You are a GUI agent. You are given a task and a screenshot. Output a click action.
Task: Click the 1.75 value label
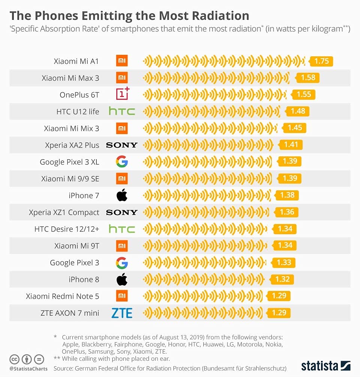tap(322, 61)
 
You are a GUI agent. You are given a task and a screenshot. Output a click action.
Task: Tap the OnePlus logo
tap(122, 94)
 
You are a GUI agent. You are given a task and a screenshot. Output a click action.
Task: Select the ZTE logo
tap(122, 313)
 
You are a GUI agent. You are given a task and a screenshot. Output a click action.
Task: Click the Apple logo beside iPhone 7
tap(122, 195)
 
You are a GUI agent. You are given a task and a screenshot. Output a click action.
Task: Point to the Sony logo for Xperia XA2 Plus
tap(122, 145)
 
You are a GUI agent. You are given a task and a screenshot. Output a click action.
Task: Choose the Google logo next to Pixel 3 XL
tap(122, 162)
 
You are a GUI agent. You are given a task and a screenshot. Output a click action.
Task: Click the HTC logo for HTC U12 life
tap(122, 111)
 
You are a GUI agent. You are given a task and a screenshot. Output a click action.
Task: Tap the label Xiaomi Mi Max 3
tap(70, 78)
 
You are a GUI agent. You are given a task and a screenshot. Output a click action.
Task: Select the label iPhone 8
tap(84, 279)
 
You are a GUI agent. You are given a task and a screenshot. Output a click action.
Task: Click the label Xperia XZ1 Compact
tap(64, 212)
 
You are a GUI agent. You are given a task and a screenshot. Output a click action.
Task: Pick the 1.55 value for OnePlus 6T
tap(304, 94)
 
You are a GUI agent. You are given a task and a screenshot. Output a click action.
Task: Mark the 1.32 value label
tap(282, 279)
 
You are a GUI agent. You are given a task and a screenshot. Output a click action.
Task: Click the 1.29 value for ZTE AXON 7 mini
tap(279, 313)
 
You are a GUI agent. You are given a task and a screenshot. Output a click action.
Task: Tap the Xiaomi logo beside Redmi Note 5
tap(122, 295)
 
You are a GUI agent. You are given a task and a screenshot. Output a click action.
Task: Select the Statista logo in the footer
tap(326, 366)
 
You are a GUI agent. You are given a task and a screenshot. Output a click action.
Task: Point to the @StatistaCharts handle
tap(28, 369)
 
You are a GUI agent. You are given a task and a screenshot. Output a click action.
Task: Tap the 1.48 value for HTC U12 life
tap(298, 111)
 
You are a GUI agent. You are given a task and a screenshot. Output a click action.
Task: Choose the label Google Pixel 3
tap(75, 263)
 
